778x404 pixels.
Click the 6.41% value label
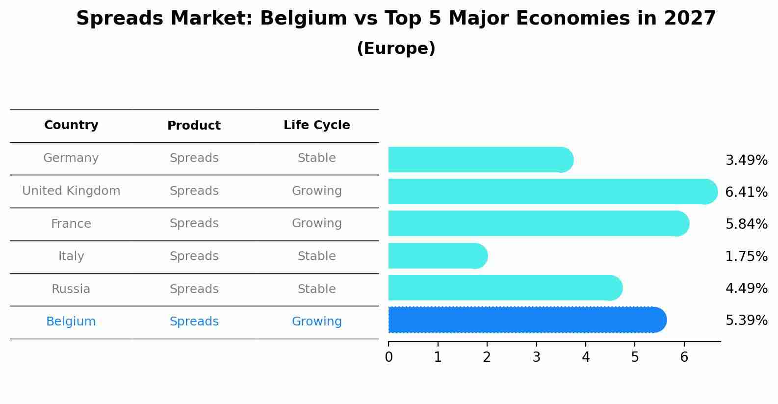click(x=746, y=192)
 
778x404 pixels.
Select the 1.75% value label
click(x=746, y=256)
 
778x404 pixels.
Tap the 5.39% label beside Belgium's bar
click(x=746, y=321)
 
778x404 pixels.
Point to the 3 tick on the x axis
click(x=536, y=357)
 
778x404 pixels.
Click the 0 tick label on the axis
click(x=389, y=357)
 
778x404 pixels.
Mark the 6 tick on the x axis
click(x=684, y=357)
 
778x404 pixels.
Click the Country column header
click(x=71, y=125)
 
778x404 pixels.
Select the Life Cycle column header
click(x=316, y=125)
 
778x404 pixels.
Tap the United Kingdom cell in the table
click(x=71, y=191)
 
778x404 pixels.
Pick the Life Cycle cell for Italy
click(x=316, y=256)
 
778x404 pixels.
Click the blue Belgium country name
click(x=71, y=322)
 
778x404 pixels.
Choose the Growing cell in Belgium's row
click(x=316, y=322)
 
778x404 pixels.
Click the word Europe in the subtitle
click(x=396, y=49)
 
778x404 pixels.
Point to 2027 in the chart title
click(x=690, y=19)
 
